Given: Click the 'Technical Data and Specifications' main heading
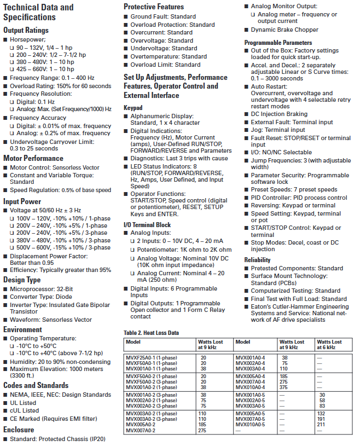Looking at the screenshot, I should (38, 12).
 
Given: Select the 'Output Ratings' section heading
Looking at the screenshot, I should (26, 31).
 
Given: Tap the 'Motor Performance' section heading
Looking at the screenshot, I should (33, 159).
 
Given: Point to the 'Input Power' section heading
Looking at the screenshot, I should (22, 201).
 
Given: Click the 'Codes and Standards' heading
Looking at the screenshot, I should (36, 385).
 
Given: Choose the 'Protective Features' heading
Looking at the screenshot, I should (154, 7).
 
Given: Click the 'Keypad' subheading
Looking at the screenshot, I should (133, 108).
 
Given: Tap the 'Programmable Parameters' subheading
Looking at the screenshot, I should (278, 43).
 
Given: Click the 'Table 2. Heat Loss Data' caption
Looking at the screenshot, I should (151, 333).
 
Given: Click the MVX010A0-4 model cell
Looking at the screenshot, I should (249, 387).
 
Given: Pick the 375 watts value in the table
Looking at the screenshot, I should (284, 387).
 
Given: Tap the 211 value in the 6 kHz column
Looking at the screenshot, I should (321, 424).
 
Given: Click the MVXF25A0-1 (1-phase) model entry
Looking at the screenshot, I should (152, 357).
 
